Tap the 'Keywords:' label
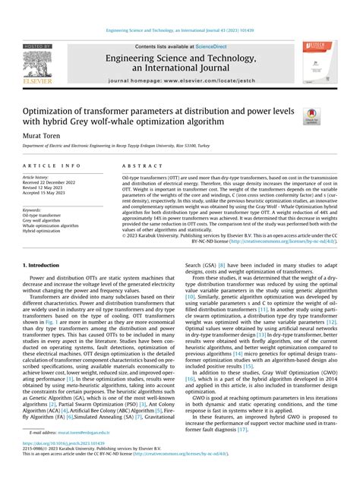35,209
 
